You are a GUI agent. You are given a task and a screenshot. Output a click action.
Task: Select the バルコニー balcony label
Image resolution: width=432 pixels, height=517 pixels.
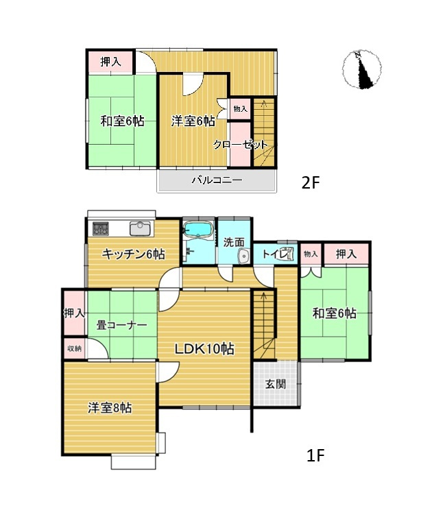click(216, 181)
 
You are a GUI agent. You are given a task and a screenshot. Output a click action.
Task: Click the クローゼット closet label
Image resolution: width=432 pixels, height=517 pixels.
click(239, 145)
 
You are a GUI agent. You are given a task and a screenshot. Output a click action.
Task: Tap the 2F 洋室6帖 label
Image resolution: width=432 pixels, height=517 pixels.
click(193, 121)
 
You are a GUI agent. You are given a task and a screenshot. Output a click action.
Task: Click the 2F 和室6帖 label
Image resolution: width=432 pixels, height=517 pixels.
click(122, 121)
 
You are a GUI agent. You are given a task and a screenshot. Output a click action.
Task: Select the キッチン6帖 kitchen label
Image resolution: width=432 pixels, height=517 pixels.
click(133, 254)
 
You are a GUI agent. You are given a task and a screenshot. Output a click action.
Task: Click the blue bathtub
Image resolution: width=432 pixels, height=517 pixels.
click(199, 228)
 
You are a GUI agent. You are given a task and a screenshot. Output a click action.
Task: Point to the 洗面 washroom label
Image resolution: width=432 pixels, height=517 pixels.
click(234, 241)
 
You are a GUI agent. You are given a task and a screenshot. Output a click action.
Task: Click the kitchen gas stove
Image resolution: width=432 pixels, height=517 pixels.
click(101, 227)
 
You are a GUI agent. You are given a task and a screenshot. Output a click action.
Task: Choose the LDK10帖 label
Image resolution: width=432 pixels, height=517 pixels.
click(204, 349)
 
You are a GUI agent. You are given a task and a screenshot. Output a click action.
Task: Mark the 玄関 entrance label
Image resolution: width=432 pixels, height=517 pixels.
click(276, 383)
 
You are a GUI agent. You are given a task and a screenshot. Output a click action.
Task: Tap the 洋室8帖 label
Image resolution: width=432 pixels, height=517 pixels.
click(110, 407)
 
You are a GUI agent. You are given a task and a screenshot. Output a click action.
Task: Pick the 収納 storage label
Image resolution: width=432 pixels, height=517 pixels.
click(74, 348)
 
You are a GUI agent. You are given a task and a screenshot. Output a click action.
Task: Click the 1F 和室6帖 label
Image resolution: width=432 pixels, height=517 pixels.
click(335, 313)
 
